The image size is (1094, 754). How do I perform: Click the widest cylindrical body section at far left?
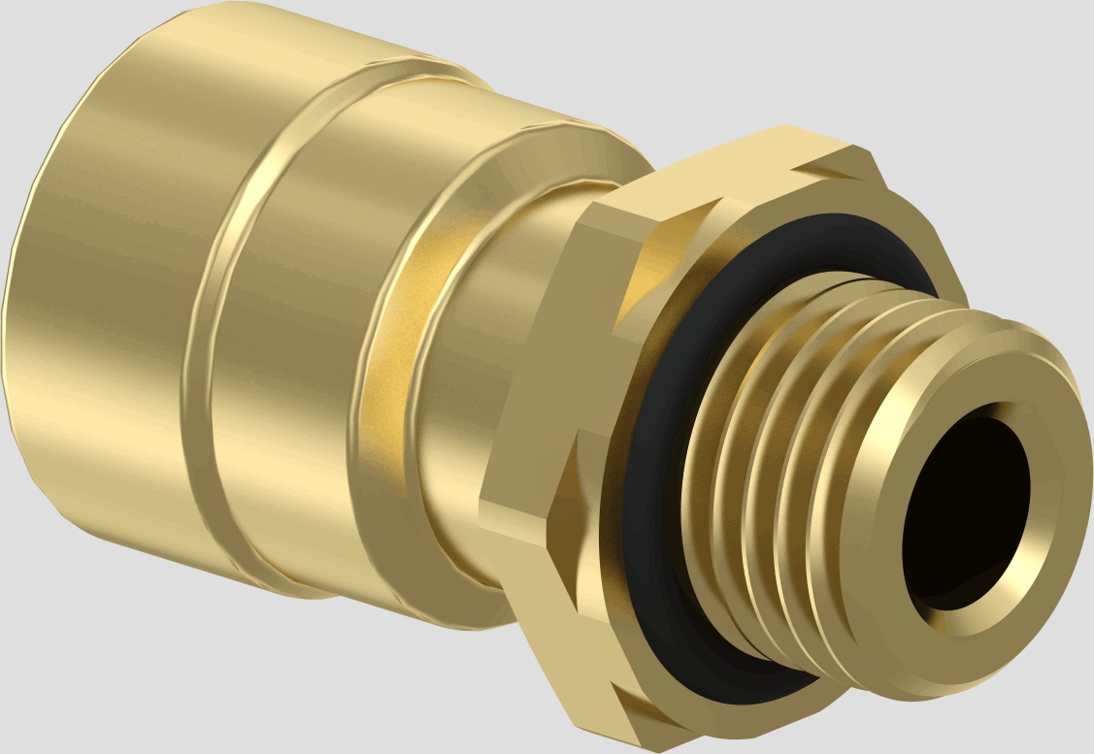107,291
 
